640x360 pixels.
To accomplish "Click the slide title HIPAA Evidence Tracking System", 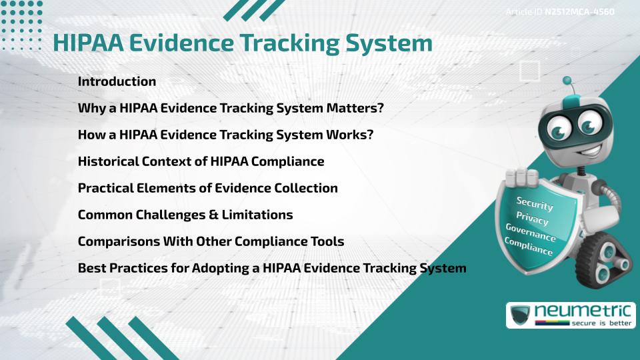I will [243, 43].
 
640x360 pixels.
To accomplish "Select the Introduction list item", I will [117, 81].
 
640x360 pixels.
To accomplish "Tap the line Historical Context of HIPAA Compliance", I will [201, 161].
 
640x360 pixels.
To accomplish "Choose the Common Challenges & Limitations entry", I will [185, 215].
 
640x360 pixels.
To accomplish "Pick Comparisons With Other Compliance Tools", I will [211, 241].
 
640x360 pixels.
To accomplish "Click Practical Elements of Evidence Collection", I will [207, 188].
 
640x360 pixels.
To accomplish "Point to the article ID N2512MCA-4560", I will [579, 11].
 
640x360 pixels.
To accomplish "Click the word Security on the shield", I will [534, 204].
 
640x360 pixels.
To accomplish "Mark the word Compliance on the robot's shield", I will [528, 247].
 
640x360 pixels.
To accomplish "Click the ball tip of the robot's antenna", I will [567, 81].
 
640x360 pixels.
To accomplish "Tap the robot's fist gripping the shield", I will [523, 177].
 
